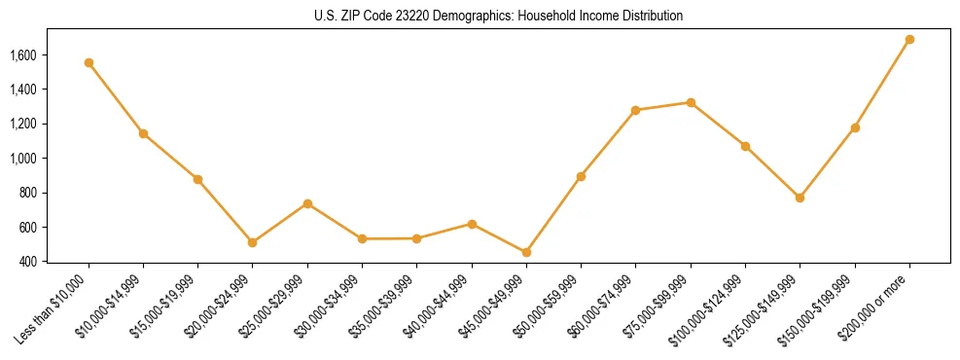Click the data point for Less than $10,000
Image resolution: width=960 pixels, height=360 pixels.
[89, 62]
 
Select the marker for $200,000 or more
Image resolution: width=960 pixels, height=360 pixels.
[909, 40]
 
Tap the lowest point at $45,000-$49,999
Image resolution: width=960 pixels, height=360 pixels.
[526, 252]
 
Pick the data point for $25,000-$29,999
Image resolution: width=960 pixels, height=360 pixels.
[307, 203]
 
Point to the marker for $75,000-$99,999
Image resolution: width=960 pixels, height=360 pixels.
[691, 102]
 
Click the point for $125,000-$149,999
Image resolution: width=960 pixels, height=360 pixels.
[800, 198]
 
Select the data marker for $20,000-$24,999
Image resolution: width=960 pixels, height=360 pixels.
[253, 242]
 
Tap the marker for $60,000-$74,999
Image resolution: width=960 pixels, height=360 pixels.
[636, 110]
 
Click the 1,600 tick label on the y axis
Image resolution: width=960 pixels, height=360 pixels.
[21, 55]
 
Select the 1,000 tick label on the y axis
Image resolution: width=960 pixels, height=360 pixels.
[21, 159]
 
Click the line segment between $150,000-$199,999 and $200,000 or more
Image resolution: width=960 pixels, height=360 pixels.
[882, 84]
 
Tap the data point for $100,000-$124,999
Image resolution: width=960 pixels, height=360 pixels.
[745, 146]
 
